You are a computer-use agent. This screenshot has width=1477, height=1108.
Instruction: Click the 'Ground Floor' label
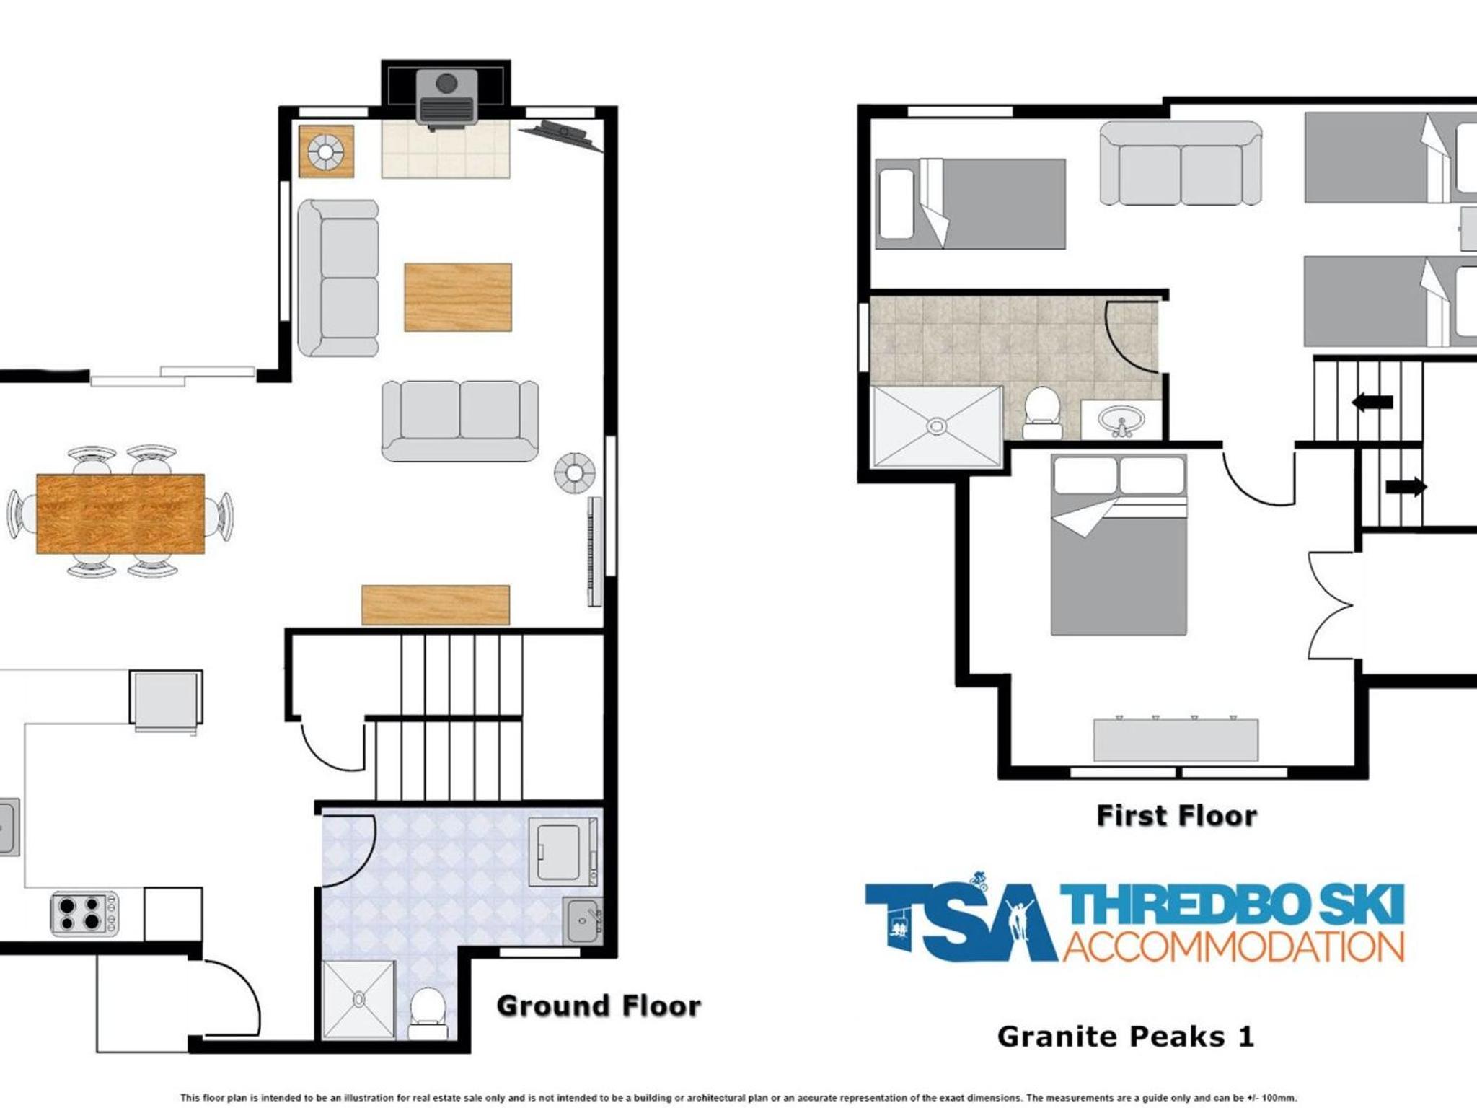(x=599, y=1006)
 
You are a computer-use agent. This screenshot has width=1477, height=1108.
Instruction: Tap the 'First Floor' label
(x=1177, y=816)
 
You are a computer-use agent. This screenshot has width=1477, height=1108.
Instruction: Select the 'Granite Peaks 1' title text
(x=1126, y=1037)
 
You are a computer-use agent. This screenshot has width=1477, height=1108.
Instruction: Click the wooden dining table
(x=120, y=514)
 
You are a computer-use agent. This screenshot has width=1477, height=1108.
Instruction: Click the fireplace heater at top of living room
(x=446, y=97)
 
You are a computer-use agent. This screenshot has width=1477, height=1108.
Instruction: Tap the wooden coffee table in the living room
(x=458, y=297)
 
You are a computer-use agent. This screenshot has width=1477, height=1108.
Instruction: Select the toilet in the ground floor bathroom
(x=428, y=1012)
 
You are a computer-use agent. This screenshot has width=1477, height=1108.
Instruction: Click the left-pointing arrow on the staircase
(x=1372, y=402)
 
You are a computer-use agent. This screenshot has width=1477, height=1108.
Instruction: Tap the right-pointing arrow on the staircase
(x=1406, y=487)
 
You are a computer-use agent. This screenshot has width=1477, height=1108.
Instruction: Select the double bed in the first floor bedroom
(x=1119, y=545)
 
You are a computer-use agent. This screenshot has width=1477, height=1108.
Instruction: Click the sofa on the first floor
(x=1181, y=163)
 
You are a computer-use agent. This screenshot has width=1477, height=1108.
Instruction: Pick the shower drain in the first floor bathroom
(x=936, y=427)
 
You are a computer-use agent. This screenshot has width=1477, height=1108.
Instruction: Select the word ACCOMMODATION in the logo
(x=1233, y=946)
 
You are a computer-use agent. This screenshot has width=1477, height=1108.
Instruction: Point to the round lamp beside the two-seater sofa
(x=574, y=473)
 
